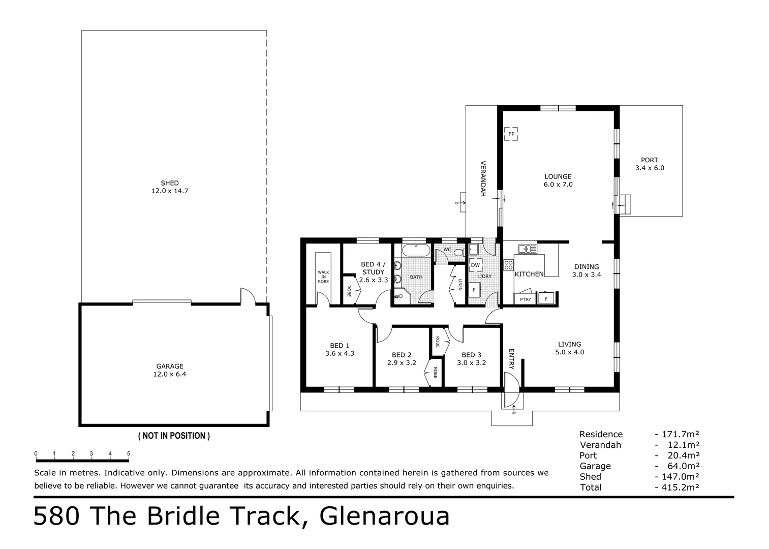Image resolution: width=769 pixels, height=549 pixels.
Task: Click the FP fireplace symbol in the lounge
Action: (511, 134)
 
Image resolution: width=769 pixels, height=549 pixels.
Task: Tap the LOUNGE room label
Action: (558, 176)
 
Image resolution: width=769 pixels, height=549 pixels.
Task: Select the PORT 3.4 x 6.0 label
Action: (650, 164)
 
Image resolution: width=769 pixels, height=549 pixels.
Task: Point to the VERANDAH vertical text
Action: (483, 178)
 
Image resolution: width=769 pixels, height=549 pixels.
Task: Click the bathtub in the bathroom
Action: (416, 250)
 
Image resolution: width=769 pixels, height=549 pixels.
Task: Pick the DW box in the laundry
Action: (475, 265)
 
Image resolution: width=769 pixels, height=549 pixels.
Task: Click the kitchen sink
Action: (528, 249)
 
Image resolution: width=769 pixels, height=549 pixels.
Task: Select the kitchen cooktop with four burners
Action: (508, 265)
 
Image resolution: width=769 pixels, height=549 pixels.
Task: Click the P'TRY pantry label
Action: (525, 299)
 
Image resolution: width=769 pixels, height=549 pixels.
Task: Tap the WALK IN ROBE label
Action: (323, 277)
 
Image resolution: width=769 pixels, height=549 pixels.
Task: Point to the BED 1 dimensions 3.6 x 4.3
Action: (340, 353)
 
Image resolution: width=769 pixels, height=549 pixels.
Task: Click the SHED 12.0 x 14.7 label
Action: (170, 187)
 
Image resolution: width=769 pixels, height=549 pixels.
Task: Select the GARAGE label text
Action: (170, 366)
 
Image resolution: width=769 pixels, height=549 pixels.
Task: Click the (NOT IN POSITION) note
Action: (174, 436)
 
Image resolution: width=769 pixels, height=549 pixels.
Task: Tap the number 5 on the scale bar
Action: (129, 453)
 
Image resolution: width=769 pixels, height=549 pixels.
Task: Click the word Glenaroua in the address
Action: (384, 517)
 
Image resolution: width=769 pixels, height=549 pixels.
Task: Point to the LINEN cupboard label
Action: (460, 284)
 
